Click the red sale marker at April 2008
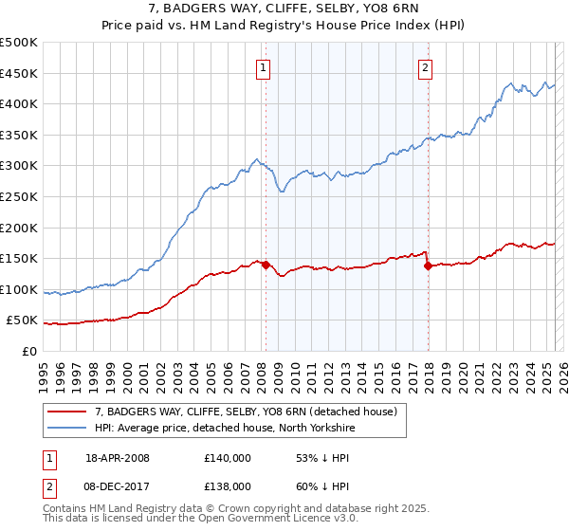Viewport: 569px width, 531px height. tap(266, 265)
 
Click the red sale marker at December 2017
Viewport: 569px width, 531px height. tap(429, 265)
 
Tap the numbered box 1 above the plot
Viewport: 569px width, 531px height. tap(262, 66)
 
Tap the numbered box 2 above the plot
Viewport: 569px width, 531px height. tap(426, 66)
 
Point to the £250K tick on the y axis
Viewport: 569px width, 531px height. tap(20, 196)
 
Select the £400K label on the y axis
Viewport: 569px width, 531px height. tap(20, 103)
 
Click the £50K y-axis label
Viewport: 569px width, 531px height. tap(24, 320)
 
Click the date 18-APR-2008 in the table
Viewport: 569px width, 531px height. tap(118, 458)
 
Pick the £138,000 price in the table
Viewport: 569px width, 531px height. tap(227, 485)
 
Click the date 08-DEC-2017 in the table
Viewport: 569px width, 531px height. tap(119, 485)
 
